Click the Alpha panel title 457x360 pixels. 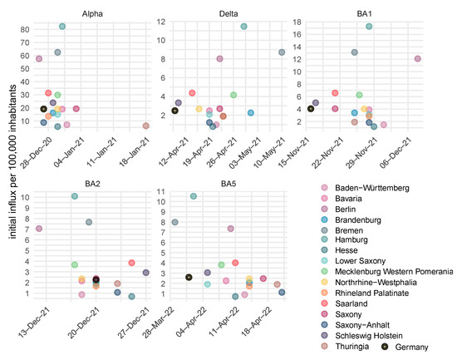[92, 13]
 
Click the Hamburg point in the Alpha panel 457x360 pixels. [62, 27]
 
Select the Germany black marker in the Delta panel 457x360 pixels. [174, 111]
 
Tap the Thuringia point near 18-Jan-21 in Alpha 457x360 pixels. [146, 126]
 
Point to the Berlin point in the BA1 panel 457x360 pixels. [418, 59]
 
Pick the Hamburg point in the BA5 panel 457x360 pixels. [194, 196]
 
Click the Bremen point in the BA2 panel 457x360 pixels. [89, 222]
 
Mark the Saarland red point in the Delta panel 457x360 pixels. [192, 93]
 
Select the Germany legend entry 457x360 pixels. [405, 347]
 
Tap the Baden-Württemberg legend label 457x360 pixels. [372, 188]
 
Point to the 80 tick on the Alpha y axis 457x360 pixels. [25, 29]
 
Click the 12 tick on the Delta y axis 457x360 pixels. [161, 22]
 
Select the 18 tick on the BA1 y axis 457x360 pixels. [297, 22]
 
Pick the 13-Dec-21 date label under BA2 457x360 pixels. [34, 323]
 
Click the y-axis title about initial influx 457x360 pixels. [12, 161]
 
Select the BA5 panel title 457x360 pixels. [228, 184]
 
